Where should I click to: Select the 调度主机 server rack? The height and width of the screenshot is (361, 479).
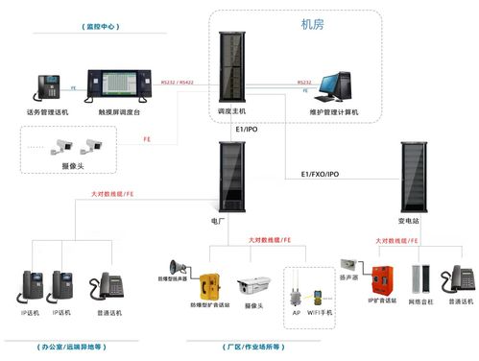pos(232,67)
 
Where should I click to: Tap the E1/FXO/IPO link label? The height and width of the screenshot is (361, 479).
pos(320,175)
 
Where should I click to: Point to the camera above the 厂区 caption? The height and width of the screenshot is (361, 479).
pos(253,285)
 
